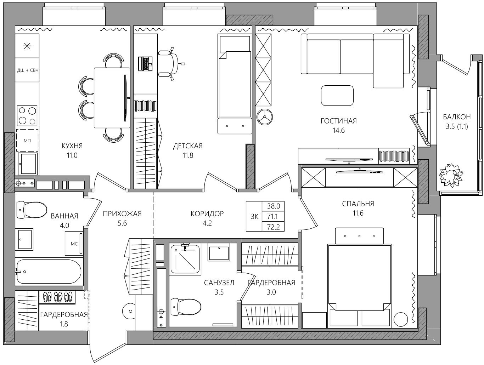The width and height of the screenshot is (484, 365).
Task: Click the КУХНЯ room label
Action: point(72,146)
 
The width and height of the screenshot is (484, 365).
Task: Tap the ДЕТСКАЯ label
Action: point(188,146)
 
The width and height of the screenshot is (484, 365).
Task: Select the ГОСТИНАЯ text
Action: point(339,121)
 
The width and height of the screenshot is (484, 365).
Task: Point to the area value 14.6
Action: point(339,130)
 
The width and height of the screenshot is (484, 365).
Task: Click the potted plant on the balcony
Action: point(451,176)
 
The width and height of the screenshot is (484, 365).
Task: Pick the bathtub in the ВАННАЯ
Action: point(49,272)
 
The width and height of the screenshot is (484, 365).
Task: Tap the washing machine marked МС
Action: point(74,243)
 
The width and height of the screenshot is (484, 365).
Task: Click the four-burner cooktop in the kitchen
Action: point(27,115)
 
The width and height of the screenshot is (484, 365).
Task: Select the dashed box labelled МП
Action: point(27,140)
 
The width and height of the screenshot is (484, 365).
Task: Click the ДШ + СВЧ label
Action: point(28,70)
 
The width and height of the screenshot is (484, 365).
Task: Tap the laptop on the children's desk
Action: point(145,64)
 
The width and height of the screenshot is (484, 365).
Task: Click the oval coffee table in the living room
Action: point(337,96)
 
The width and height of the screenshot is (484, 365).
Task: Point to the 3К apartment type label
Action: point(254,217)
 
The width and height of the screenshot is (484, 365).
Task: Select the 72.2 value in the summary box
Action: point(274,227)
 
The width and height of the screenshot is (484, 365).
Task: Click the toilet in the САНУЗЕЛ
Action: point(186,307)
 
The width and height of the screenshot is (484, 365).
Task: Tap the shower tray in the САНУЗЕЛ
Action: point(186,259)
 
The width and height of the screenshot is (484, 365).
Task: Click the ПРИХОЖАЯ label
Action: point(122,214)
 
